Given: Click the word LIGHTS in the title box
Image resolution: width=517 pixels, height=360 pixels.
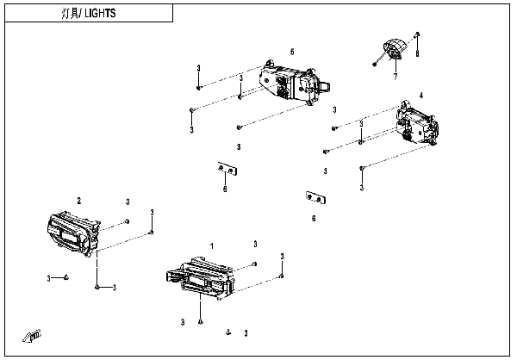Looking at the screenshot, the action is pyautogui.click(x=100, y=13).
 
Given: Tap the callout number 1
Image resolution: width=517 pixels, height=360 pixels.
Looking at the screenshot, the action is pyautogui.click(x=212, y=246).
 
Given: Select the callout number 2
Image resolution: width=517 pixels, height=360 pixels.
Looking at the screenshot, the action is pyautogui.click(x=78, y=201).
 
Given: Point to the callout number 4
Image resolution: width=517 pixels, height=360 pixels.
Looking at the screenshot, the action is pyautogui.click(x=421, y=96).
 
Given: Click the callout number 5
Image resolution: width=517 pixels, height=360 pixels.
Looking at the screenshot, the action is pyautogui.click(x=292, y=52).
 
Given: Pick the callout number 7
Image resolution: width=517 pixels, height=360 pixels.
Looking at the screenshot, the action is pyautogui.click(x=396, y=77).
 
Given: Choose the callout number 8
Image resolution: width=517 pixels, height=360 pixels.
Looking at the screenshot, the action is pyautogui.click(x=417, y=53).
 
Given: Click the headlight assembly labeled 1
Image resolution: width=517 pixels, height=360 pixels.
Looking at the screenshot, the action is pyautogui.click(x=201, y=278).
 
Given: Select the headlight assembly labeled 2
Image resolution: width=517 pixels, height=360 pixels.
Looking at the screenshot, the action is pyautogui.click(x=73, y=234).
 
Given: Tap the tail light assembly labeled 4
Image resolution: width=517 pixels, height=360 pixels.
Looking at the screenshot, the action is pyautogui.click(x=418, y=124).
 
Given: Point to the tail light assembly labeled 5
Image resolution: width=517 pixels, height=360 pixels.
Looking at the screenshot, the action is pyautogui.click(x=294, y=84).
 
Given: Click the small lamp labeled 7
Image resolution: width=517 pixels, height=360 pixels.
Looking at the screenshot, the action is pyautogui.click(x=395, y=50).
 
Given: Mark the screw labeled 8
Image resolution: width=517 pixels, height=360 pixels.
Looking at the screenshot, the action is pyautogui.click(x=417, y=34).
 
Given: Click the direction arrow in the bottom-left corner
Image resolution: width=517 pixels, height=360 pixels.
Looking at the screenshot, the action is pyautogui.click(x=32, y=336).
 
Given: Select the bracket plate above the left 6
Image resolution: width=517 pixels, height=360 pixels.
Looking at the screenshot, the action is pyautogui.click(x=227, y=169).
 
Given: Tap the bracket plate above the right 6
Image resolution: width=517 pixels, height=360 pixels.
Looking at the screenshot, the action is pyautogui.click(x=316, y=197).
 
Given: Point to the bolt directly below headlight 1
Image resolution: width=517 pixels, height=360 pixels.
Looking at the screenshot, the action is pyautogui.click(x=200, y=322).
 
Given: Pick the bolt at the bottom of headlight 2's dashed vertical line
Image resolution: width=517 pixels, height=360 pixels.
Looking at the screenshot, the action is pyautogui.click(x=97, y=287).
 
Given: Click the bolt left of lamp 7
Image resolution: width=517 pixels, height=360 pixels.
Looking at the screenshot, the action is pyautogui.click(x=375, y=64).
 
